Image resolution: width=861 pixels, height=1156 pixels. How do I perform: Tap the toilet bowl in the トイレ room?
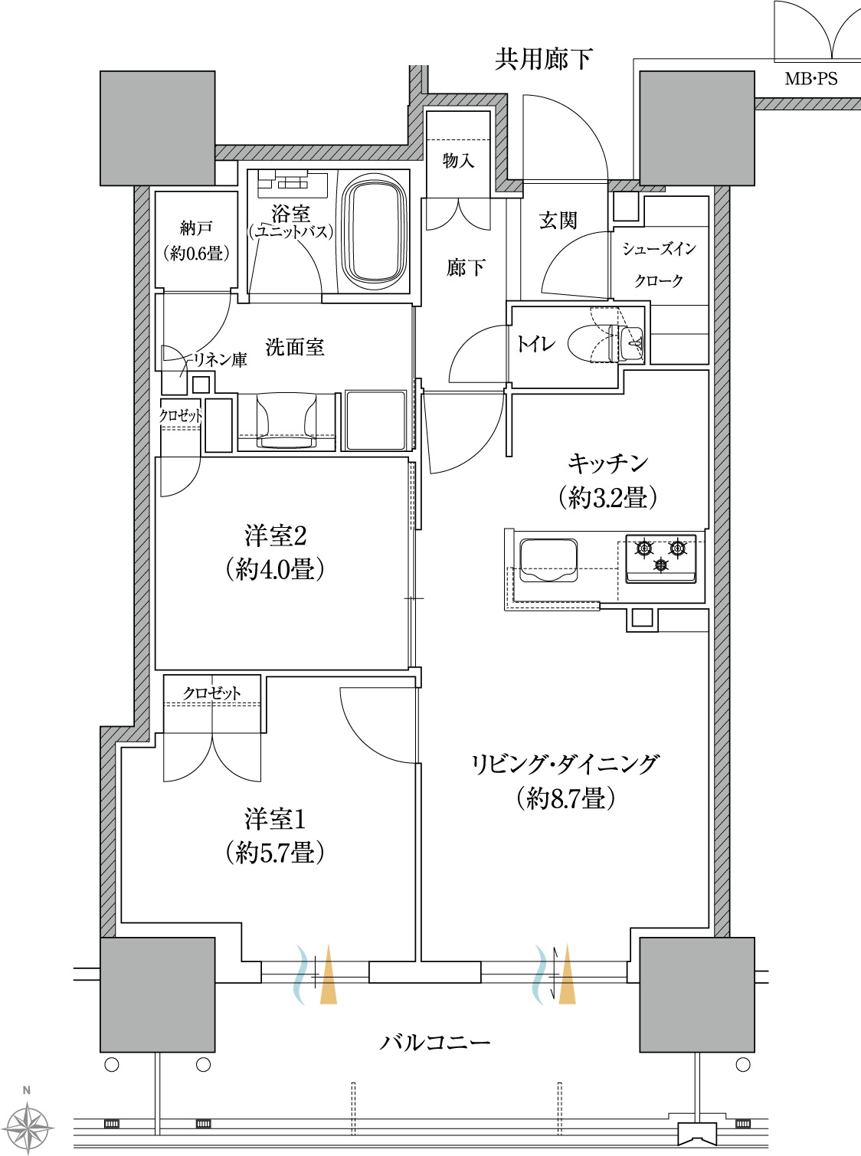pos(589,343)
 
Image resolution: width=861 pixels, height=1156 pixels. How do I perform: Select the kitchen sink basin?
pos(548,560)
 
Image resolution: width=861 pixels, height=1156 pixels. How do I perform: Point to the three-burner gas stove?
pos(661,558)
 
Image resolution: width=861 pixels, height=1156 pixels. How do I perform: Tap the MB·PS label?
pos(811,79)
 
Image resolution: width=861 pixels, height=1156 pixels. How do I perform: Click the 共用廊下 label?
pos(543,59)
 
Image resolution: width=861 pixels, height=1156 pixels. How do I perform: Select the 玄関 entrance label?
pos(558,221)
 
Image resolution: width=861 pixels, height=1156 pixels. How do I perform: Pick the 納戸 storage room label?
pos(197,228)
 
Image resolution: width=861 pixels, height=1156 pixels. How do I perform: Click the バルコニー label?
pos(435,1042)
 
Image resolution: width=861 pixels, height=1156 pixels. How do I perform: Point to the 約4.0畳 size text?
pos(275,568)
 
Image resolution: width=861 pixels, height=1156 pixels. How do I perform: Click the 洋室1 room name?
pos(275,819)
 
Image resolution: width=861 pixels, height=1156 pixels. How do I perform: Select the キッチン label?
pos(607,463)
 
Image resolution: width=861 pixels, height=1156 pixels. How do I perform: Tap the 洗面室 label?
pos(295,346)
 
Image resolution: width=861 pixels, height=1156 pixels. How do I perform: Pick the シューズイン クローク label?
pos(659,265)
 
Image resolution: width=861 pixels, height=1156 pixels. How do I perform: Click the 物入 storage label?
pos(459,161)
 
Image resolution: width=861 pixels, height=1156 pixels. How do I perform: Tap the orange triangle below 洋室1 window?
pos(329,974)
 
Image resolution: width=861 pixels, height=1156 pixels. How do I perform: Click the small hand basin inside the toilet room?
pos(633,343)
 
